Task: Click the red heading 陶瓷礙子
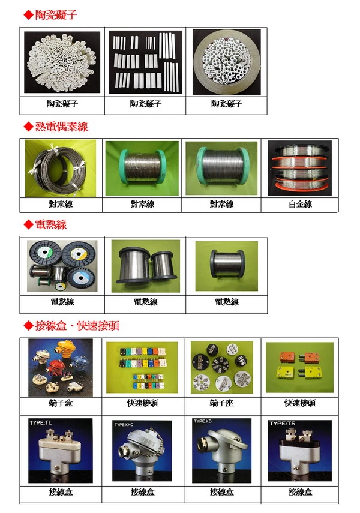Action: [x=56, y=15]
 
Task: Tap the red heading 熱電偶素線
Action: [x=62, y=127]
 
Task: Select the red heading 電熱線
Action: [x=51, y=224]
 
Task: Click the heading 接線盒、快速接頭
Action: [x=77, y=326]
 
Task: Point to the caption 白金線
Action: [x=300, y=204]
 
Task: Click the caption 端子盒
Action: [x=61, y=403]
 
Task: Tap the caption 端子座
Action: [x=221, y=403]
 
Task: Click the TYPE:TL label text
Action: [x=41, y=423]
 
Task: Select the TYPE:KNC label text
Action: [x=124, y=425]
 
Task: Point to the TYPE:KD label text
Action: [x=203, y=421]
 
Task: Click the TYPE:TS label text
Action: [x=282, y=424]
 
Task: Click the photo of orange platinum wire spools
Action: [x=299, y=168]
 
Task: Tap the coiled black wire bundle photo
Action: [x=61, y=168]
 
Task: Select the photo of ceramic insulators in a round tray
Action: [x=226, y=62]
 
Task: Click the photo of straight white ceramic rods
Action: [x=145, y=62]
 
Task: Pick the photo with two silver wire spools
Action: [x=146, y=266]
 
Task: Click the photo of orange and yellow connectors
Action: [x=299, y=367]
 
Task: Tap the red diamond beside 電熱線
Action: [x=28, y=224]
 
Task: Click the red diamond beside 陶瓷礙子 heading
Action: [x=28, y=15]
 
